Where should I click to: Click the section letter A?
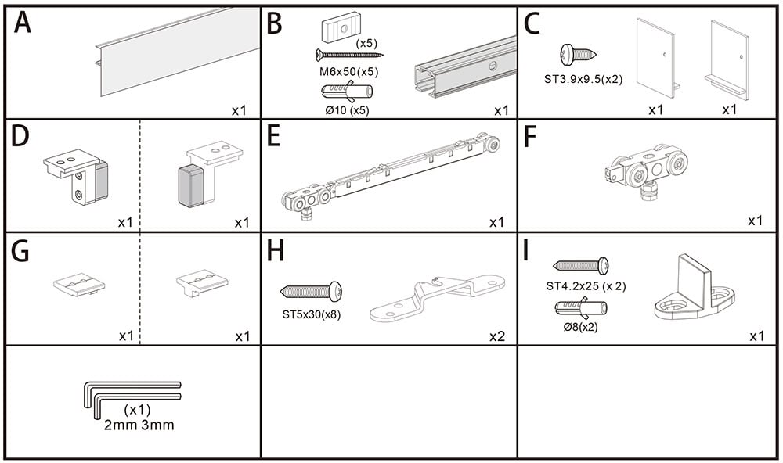click(23, 23)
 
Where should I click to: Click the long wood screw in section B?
click(349, 55)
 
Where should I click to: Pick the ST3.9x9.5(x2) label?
click(583, 78)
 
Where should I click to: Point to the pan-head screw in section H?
click(311, 293)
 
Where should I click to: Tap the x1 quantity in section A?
click(239, 110)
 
